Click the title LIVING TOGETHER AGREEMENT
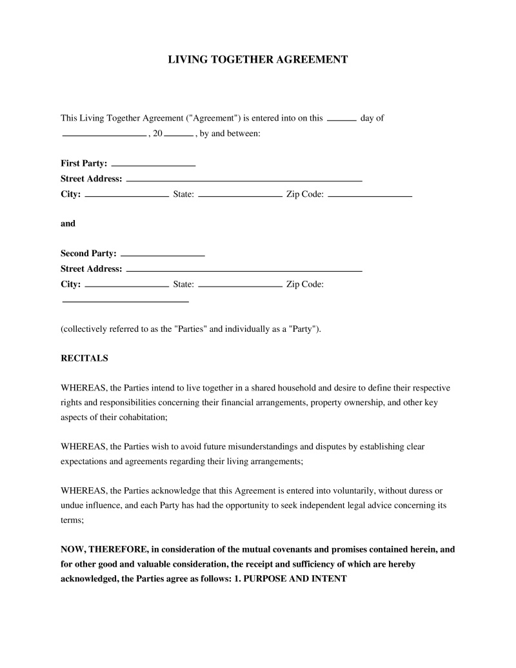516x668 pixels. (x=258, y=59)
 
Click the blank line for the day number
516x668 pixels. (x=342, y=120)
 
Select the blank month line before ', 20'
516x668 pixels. (x=104, y=136)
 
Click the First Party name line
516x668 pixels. (x=154, y=166)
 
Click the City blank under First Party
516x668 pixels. (x=126, y=196)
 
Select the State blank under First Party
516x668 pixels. (x=240, y=196)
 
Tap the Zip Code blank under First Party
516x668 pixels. (x=370, y=196)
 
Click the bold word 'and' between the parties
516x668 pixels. (x=68, y=223)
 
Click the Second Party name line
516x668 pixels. (x=163, y=256)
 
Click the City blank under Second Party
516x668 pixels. (x=126, y=285)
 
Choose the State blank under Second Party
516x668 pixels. (x=240, y=285)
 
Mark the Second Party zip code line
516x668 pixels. (x=125, y=301)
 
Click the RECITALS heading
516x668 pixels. (x=84, y=358)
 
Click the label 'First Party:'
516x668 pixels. (x=84, y=164)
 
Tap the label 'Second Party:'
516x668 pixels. (x=88, y=254)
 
